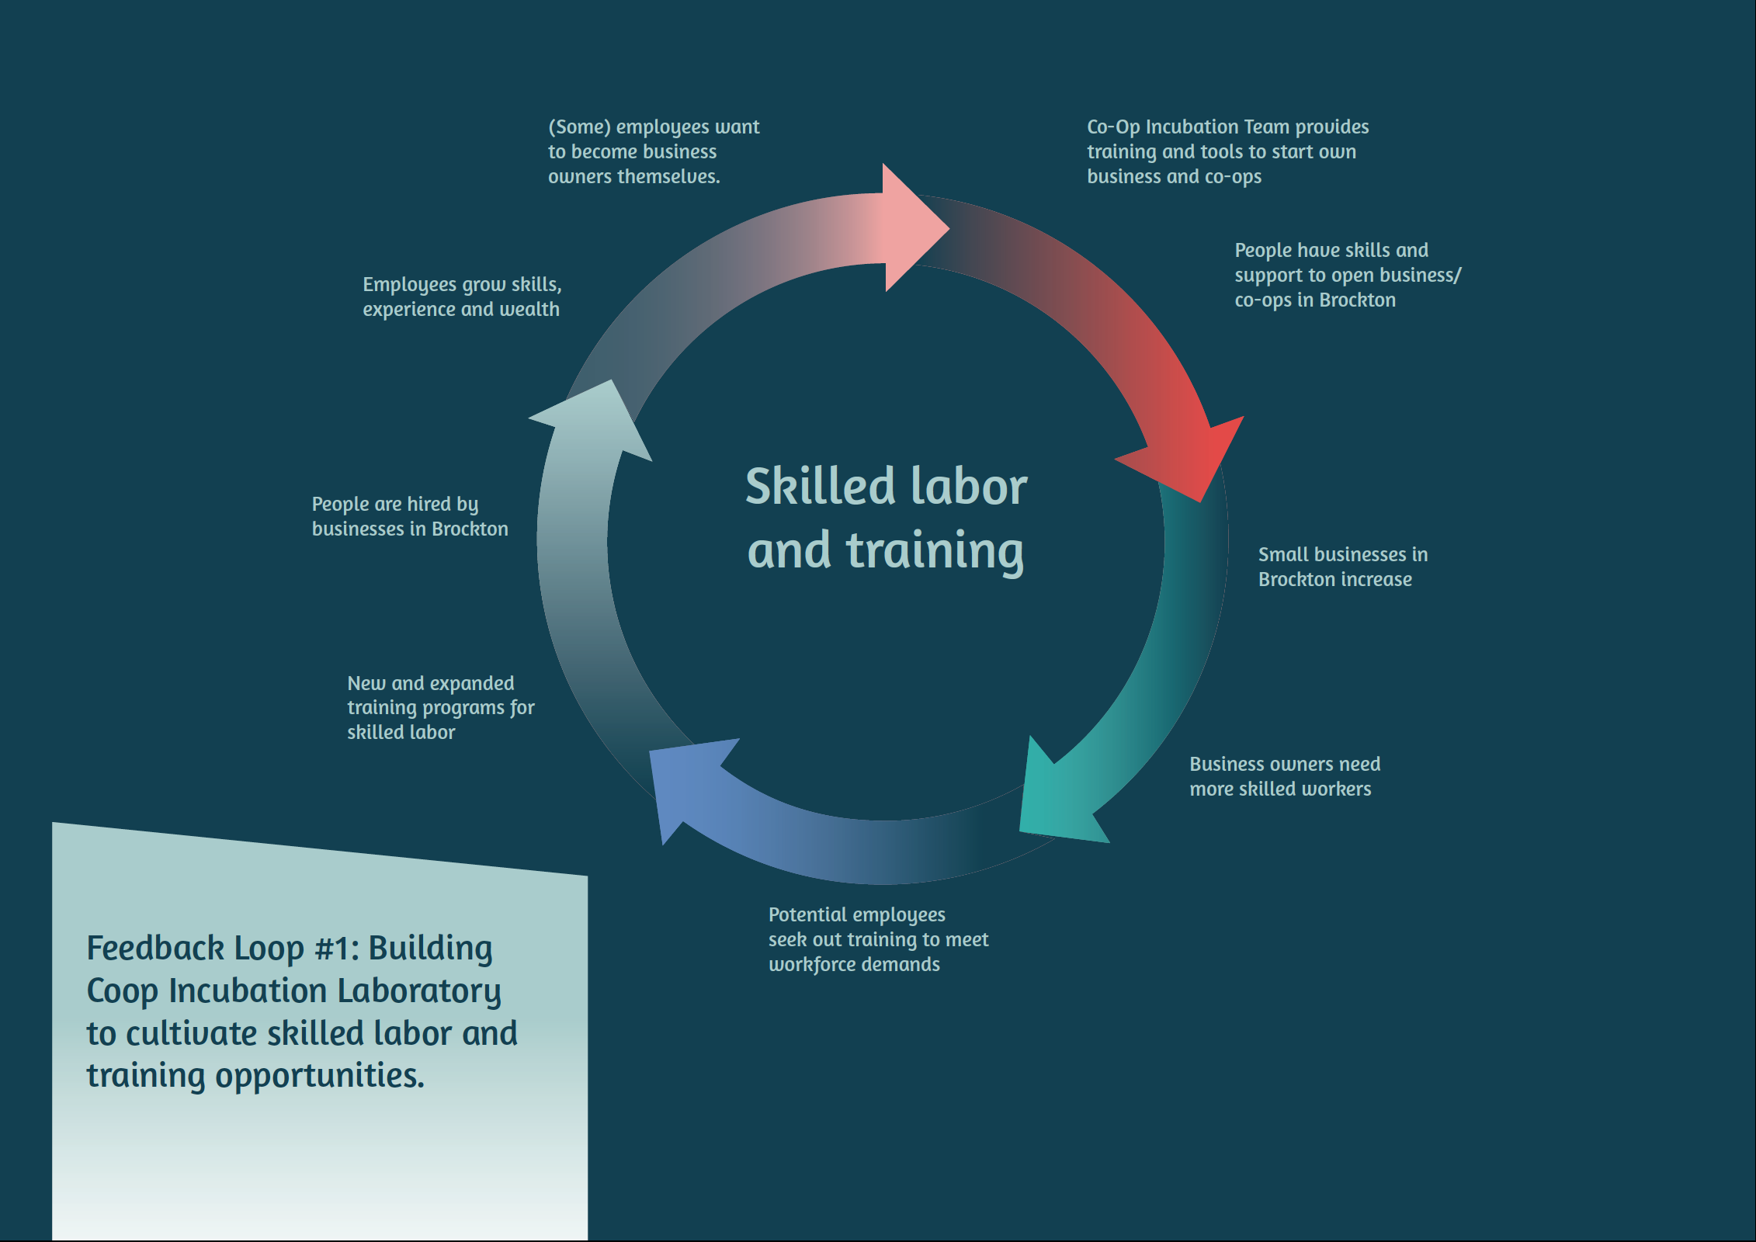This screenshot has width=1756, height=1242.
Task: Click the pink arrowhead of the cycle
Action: point(908,227)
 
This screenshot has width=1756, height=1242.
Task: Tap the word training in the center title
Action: point(935,551)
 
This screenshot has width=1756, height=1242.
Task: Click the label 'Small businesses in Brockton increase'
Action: point(1342,567)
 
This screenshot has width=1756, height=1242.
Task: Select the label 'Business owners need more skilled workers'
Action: point(1284,776)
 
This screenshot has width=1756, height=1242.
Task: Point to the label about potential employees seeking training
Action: point(877,939)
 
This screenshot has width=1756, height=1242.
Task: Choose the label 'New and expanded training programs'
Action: point(440,707)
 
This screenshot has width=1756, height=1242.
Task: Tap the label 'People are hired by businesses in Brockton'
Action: point(409,516)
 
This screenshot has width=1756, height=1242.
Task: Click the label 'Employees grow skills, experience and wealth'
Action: point(461,297)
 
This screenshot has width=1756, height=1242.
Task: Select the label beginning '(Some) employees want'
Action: point(653,151)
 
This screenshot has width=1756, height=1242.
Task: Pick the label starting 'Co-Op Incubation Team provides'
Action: point(1227,151)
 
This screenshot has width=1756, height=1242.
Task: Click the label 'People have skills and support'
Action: point(1347,275)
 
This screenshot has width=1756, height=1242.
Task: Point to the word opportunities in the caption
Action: point(320,1076)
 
